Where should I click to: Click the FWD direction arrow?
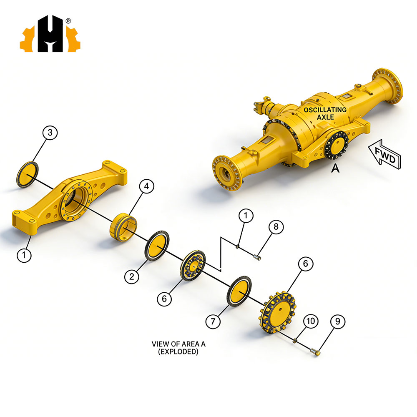(x=385, y=154)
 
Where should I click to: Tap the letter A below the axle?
(x=335, y=168)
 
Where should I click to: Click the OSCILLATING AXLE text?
(x=325, y=113)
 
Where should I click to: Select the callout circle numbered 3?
(x=50, y=133)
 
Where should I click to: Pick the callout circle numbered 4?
(x=146, y=186)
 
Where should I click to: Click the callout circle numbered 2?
(x=132, y=276)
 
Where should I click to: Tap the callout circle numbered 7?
(x=213, y=322)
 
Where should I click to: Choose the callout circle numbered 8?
(x=276, y=226)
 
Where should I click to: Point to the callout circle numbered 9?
(x=338, y=322)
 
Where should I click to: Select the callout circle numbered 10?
(x=311, y=321)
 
